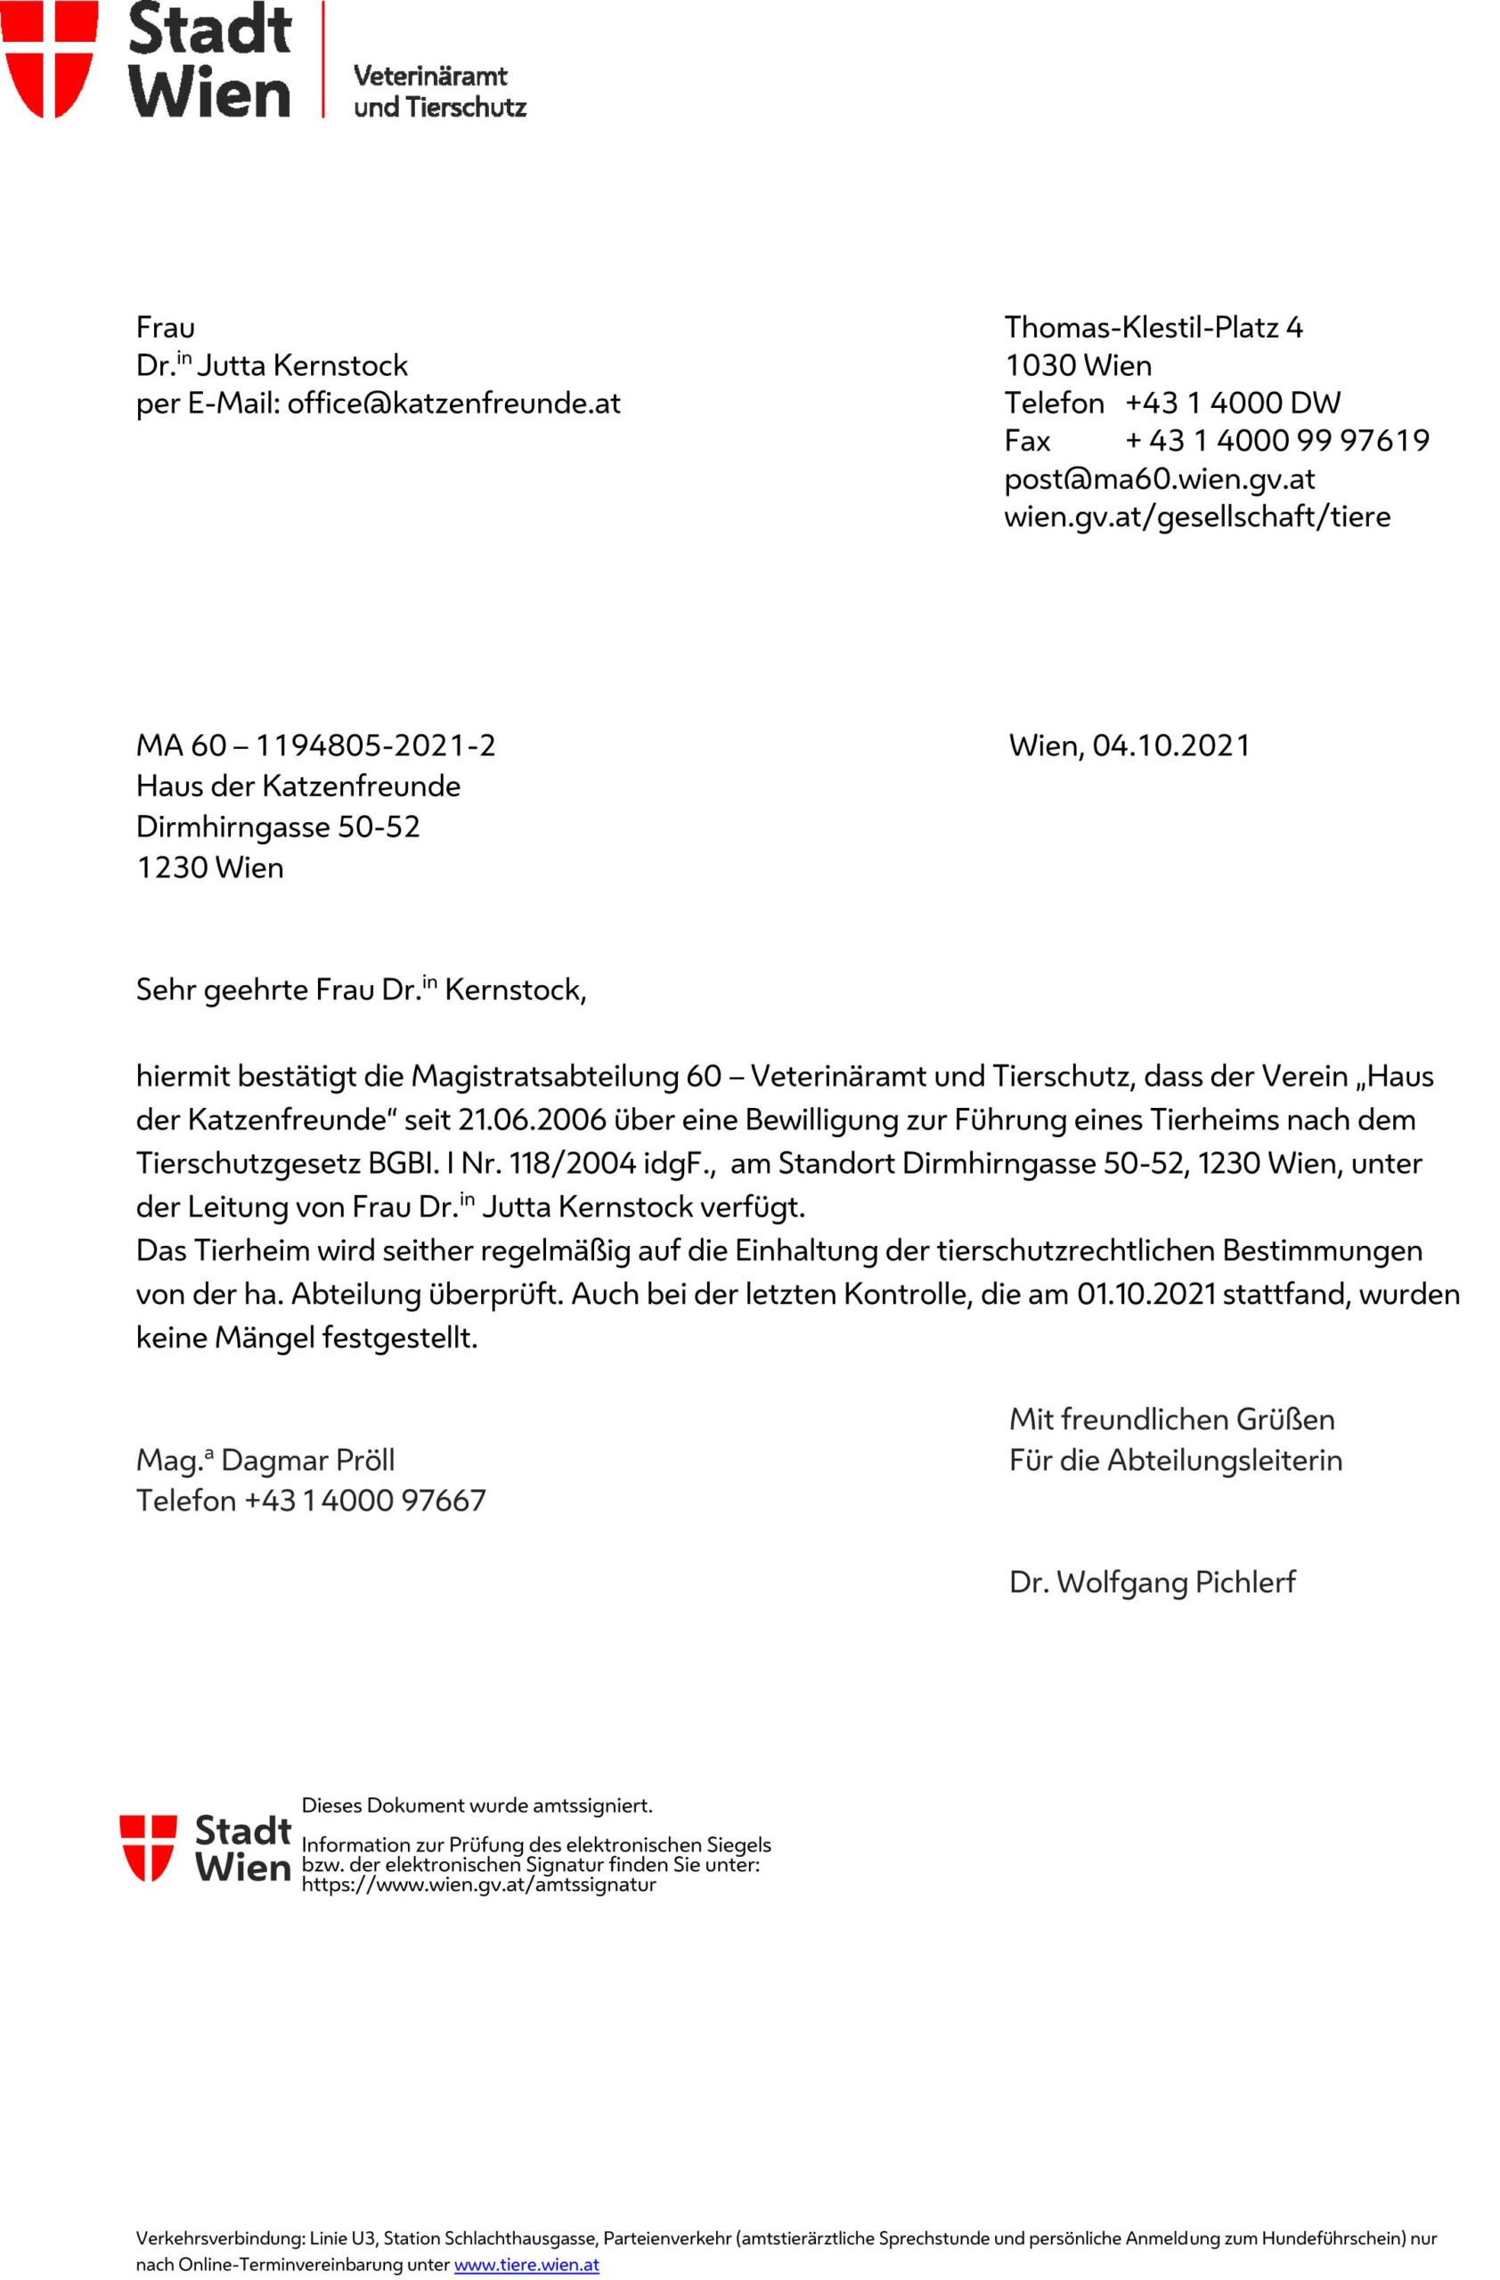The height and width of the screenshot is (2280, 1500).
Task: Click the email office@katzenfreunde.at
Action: click(453, 403)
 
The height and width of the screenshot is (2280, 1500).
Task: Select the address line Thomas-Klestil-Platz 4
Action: click(1154, 328)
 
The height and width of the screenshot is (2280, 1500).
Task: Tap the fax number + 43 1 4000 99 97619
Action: click(1276, 441)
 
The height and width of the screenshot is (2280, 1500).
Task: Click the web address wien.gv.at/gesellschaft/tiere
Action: click(1196, 517)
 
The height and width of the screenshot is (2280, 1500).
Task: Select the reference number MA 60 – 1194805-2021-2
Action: click(316, 745)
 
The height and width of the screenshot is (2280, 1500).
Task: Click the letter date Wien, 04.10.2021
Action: click(1129, 745)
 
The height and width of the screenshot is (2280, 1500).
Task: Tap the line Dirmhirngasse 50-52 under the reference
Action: click(278, 826)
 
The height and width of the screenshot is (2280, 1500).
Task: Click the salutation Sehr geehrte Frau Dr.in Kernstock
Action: click(360, 989)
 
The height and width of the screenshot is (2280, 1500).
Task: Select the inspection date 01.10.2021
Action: click(1146, 1294)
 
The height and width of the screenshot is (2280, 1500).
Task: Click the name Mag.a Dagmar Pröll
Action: click(265, 1460)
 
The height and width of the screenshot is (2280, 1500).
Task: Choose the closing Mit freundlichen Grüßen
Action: click(1171, 1419)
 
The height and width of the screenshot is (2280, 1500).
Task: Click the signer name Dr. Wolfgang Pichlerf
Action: click(1152, 1582)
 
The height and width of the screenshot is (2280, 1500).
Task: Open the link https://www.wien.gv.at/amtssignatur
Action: click(478, 1885)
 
